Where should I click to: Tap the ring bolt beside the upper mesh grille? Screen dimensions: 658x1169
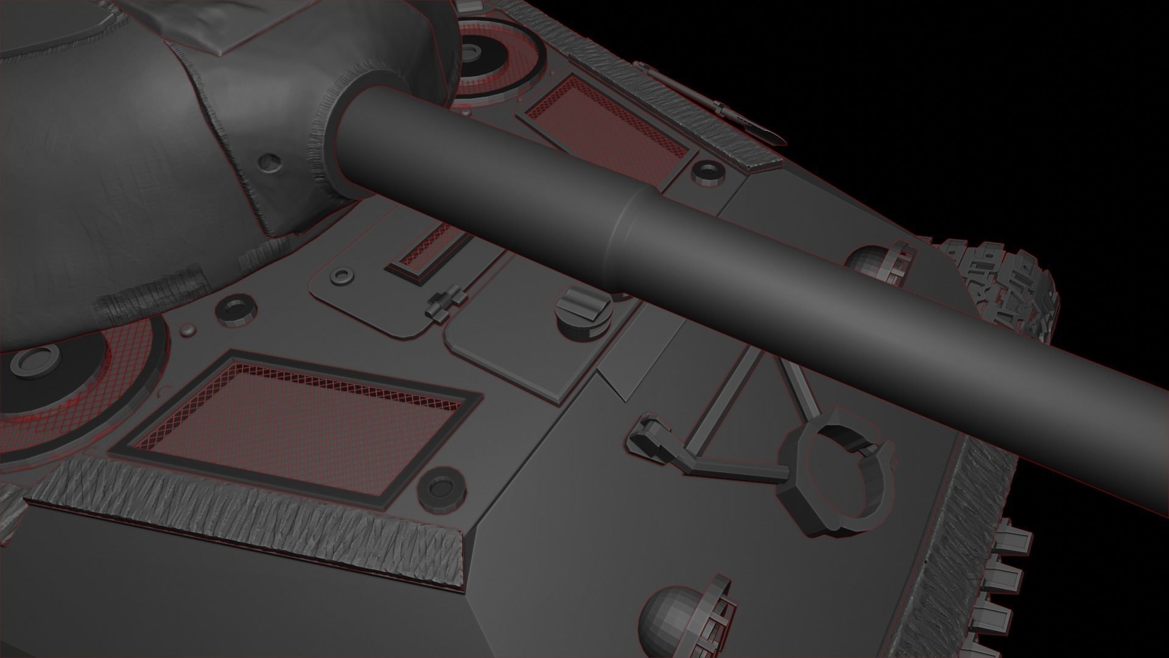point(707,172)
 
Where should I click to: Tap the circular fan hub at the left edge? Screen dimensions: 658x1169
point(33,362)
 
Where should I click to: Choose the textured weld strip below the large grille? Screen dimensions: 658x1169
point(244,518)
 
